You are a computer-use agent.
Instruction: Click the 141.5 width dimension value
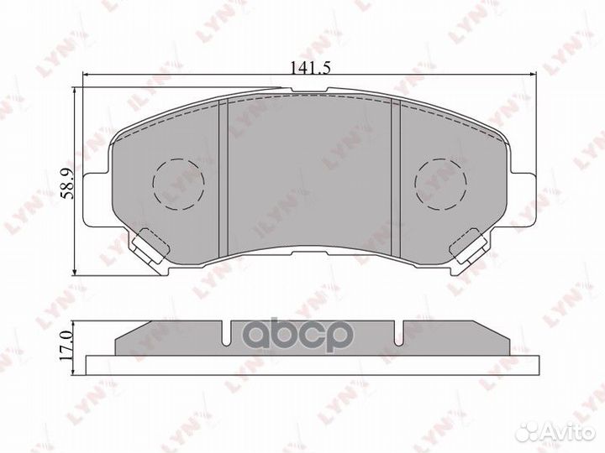(x=308, y=70)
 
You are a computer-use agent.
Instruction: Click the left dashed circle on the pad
(x=177, y=184)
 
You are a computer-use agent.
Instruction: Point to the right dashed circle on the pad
(x=442, y=184)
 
